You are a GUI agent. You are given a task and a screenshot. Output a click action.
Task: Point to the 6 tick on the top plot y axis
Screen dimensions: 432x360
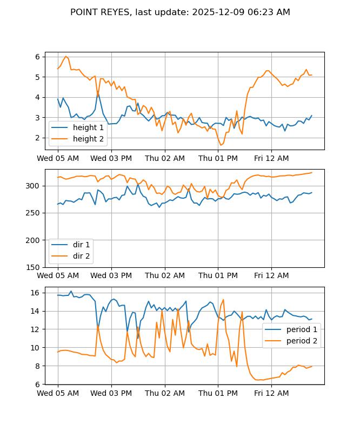pos(38,57)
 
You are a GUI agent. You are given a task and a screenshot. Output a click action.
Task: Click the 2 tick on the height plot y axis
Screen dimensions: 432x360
pos(38,138)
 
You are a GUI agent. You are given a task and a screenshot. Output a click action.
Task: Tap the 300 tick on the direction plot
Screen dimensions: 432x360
pos(34,186)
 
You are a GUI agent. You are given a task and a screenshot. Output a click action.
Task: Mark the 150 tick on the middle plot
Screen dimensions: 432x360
pos(34,267)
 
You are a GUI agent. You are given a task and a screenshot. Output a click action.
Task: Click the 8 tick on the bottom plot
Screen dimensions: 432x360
pos(38,366)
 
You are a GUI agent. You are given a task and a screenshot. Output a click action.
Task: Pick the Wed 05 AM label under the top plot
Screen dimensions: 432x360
pos(58,158)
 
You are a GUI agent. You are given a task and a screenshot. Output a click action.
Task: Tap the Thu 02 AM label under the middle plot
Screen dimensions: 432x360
pos(165,275)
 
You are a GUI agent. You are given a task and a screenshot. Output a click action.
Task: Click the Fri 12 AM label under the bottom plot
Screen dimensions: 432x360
pos(271,393)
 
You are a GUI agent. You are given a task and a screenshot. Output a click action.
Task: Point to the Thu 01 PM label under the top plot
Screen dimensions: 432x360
pos(218,158)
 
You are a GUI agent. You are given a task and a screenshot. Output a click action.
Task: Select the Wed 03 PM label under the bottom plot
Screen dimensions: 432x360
pos(111,393)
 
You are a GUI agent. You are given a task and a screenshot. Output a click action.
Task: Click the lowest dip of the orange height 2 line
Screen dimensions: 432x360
pos(221,145)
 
